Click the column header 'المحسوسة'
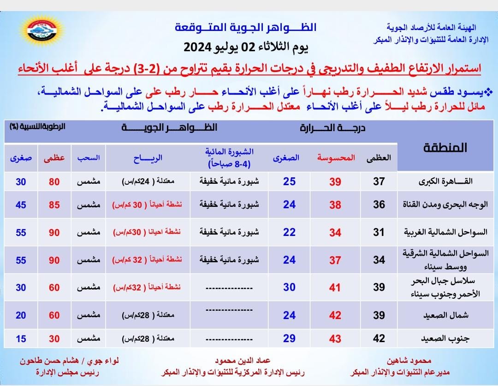(x=336, y=157)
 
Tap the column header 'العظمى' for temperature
(x=379, y=157)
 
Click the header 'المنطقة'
(x=444, y=148)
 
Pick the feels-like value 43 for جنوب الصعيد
(x=335, y=338)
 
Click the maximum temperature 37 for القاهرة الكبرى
(x=379, y=181)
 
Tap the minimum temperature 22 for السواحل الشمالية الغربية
(x=289, y=232)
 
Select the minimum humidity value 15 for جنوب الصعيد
(x=21, y=338)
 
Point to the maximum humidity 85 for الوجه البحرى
(x=54, y=205)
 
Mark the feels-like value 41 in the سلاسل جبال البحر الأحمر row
(x=335, y=288)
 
